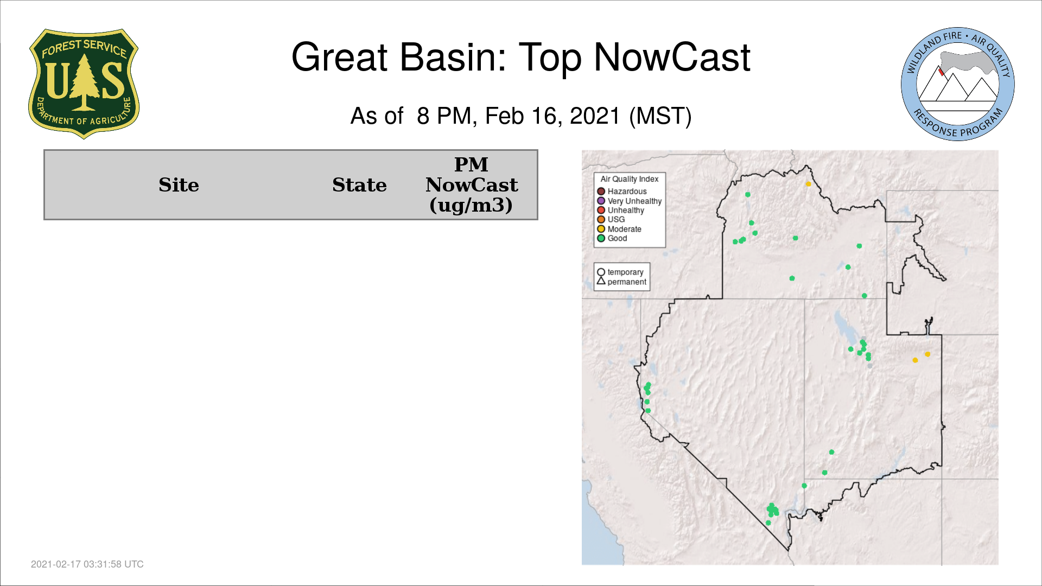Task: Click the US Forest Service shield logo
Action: click(84, 84)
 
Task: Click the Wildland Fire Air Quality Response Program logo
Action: click(958, 84)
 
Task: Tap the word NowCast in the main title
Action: click(672, 57)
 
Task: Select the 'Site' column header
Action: click(179, 185)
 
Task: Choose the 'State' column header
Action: click(359, 185)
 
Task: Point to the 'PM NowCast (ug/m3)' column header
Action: click(471, 184)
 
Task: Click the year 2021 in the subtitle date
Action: click(595, 116)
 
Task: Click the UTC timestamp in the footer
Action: click(87, 564)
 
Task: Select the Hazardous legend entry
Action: click(622, 192)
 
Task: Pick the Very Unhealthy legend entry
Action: click(630, 201)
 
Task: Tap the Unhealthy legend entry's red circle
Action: click(601, 210)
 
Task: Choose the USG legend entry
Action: click(611, 219)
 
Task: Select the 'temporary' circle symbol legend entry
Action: click(620, 272)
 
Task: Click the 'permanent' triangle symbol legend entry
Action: click(622, 282)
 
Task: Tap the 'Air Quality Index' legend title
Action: click(630, 179)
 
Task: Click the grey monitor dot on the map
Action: click(870, 366)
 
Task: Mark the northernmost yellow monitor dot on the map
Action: click(808, 184)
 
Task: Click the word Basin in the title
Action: click(453, 57)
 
